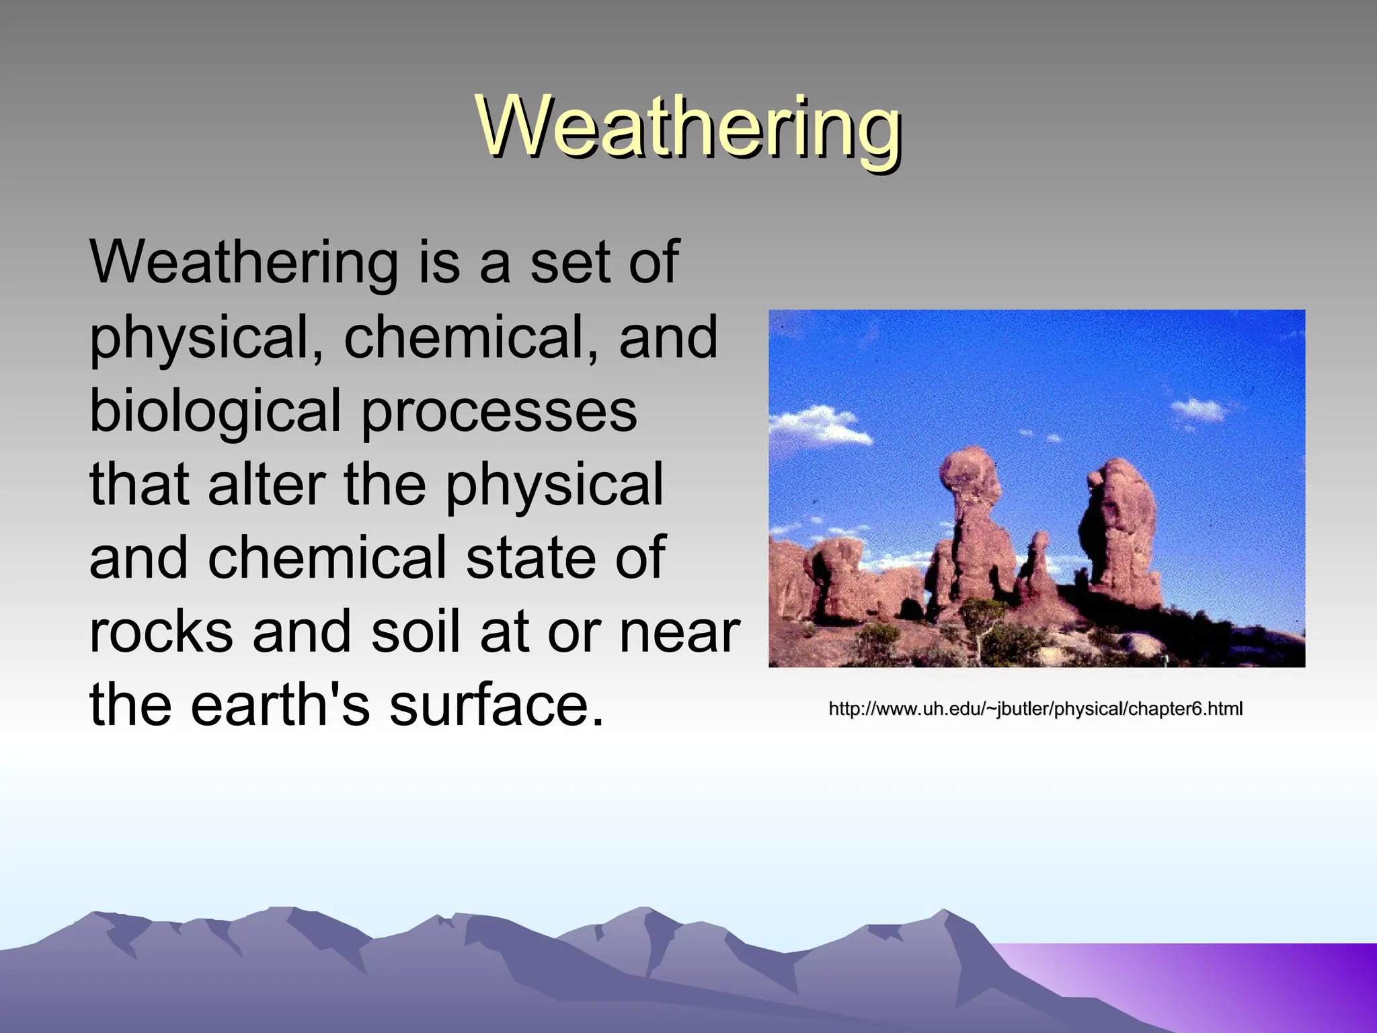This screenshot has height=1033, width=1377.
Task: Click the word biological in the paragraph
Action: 215,412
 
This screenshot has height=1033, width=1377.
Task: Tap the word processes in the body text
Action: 499,412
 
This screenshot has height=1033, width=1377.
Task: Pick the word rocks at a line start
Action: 161,632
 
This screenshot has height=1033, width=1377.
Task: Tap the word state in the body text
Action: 531,558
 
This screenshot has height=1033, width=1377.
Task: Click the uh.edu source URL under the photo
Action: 1035,709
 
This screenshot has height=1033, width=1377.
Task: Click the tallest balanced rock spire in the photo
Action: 972,518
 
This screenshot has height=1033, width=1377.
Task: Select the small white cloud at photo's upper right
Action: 1200,409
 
